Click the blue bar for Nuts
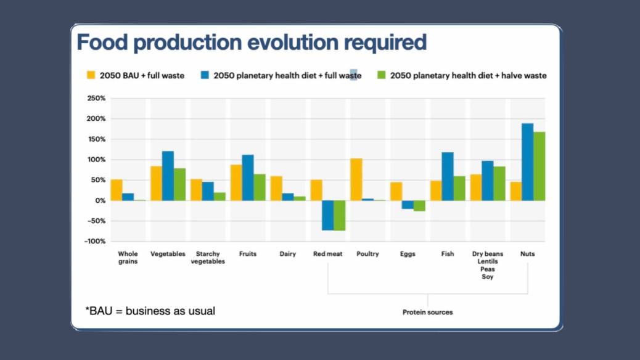pyautogui.click(x=527, y=162)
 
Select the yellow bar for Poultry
pyautogui.click(x=356, y=179)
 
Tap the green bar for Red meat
pyautogui.click(x=340, y=216)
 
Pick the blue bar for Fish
pyautogui.click(x=448, y=177)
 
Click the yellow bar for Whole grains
pyautogui.click(x=117, y=190)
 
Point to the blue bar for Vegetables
pyautogui.click(x=168, y=176)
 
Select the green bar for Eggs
pyautogui.click(x=419, y=206)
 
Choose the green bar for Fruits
pyautogui.click(x=260, y=187)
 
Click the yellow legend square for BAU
pyautogui.click(x=91, y=75)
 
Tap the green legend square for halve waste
pyautogui.click(x=381, y=75)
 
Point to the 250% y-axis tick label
pyautogui.click(x=96, y=99)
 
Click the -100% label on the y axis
pyautogui.click(x=95, y=241)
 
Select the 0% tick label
pyautogui.click(x=101, y=200)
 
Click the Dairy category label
pyautogui.click(x=288, y=254)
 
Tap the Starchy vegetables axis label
pyautogui.click(x=208, y=258)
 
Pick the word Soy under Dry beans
pyautogui.click(x=487, y=277)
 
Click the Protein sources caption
pyautogui.click(x=428, y=313)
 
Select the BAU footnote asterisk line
pyautogui.click(x=150, y=311)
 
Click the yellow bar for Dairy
pyautogui.click(x=276, y=189)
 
